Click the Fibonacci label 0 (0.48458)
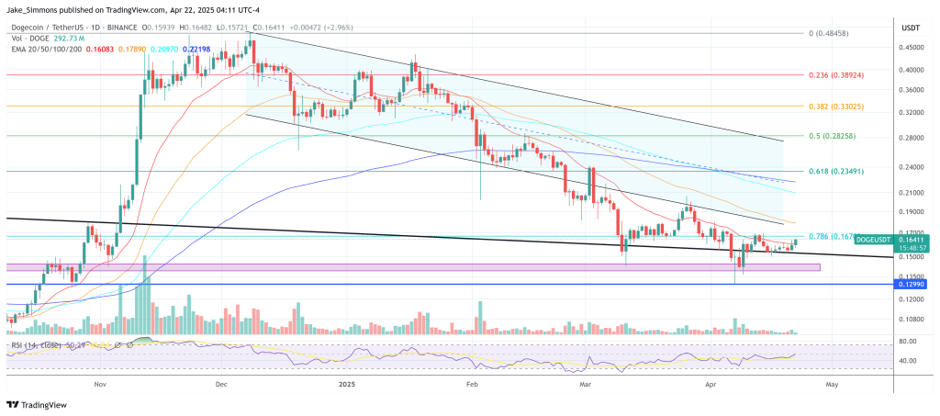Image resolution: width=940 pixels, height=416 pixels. click(x=836, y=33)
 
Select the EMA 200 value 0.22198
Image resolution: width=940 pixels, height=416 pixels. click(x=196, y=48)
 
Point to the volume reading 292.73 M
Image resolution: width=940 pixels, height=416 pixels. click(x=68, y=39)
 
